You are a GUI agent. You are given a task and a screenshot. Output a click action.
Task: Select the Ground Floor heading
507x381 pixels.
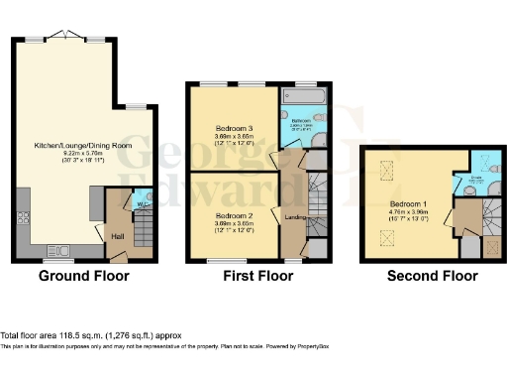pos(78,277)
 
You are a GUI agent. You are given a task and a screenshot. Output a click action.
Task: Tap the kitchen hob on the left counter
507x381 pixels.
pos(20,219)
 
